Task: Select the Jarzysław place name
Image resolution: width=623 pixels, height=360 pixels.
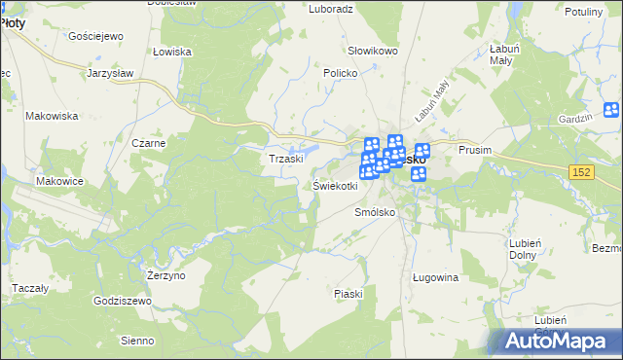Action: tap(109, 73)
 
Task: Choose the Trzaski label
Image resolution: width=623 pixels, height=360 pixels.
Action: tap(287, 159)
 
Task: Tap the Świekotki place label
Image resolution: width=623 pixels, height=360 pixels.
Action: tap(335, 185)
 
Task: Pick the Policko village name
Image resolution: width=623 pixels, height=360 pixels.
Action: tap(342, 73)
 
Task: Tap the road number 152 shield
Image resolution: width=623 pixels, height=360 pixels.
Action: tap(581, 171)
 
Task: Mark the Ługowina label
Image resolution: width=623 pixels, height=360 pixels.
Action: tap(435, 278)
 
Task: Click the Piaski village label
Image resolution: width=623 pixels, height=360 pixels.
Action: tap(348, 294)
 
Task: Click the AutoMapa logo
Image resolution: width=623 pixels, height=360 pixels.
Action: tap(557, 341)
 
